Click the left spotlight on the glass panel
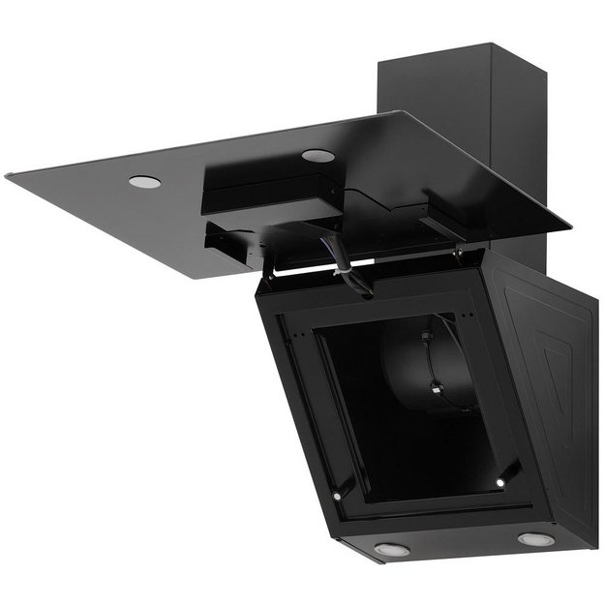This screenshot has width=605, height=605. [x=144, y=181]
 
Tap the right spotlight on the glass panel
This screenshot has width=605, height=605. [x=318, y=156]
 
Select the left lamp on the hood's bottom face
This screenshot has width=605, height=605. [x=392, y=549]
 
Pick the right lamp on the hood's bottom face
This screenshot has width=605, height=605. [x=535, y=539]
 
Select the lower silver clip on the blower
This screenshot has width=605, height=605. [x=437, y=392]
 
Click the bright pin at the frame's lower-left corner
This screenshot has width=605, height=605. [x=336, y=496]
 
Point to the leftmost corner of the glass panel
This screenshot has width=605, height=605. [x=8, y=176]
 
